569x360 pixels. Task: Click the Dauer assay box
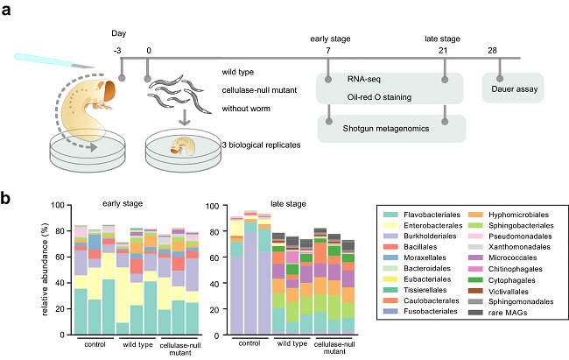click(514, 88)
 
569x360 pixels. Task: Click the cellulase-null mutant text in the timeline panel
click(263, 90)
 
